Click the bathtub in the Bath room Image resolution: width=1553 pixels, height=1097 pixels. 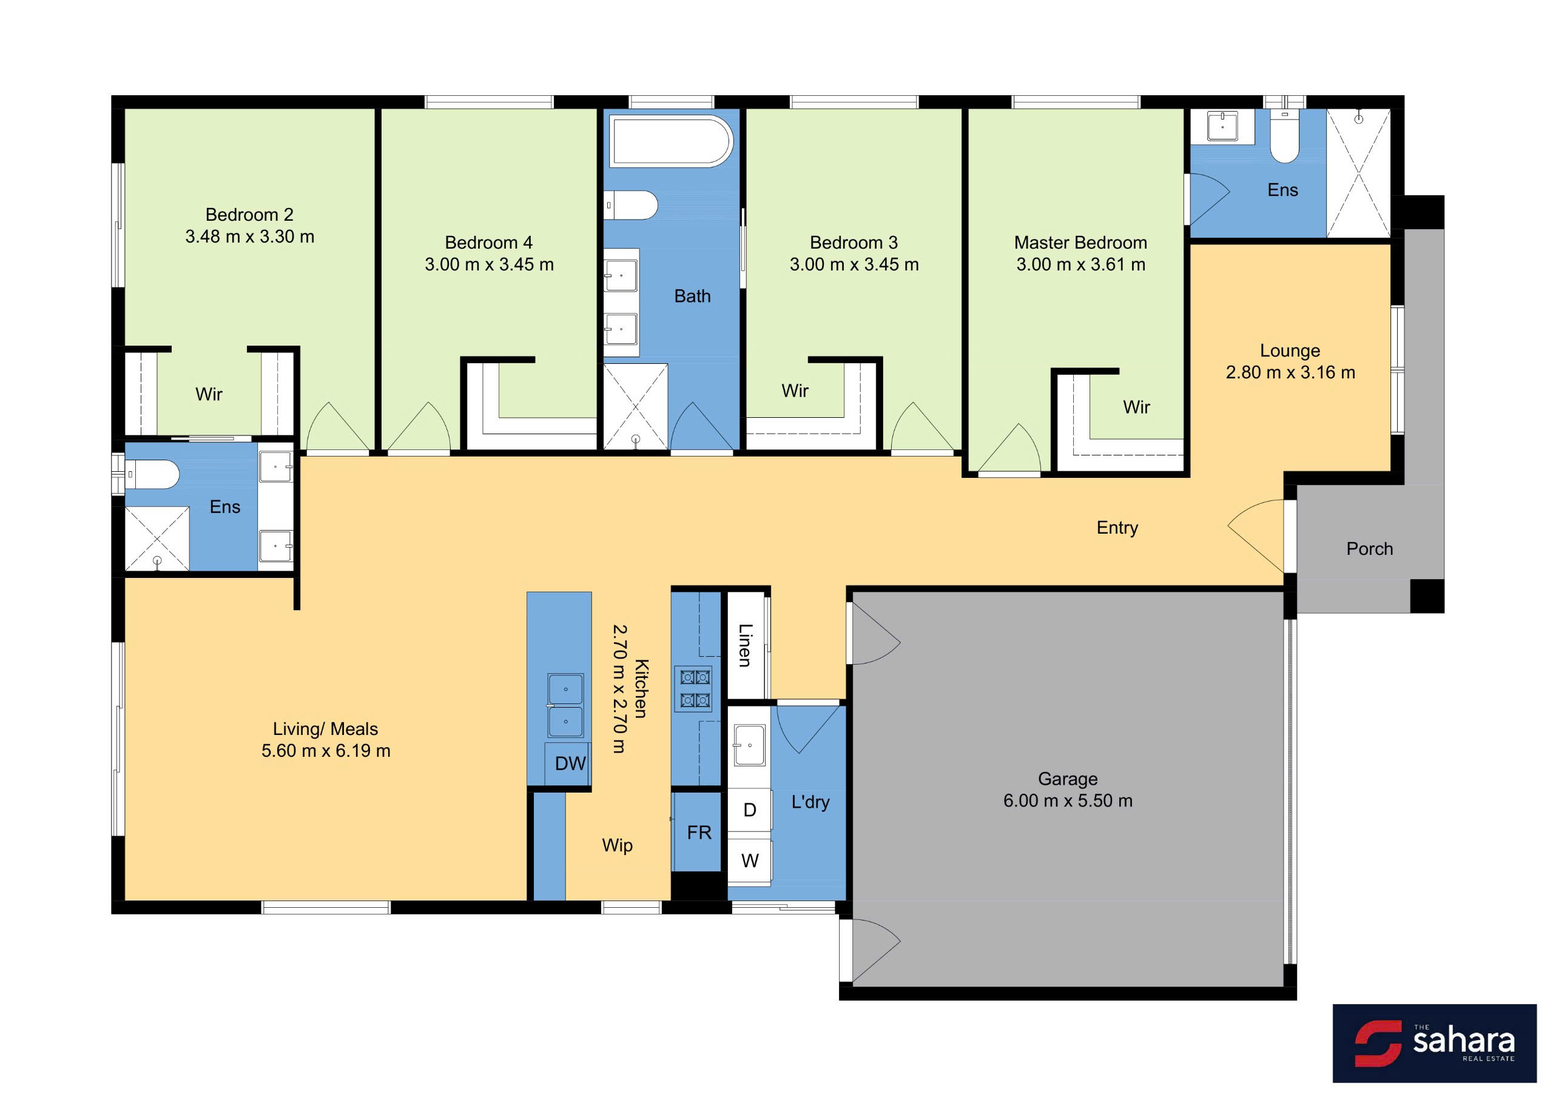(x=671, y=141)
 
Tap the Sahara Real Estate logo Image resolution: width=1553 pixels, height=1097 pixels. (x=1434, y=1043)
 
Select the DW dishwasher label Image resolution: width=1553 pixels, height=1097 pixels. (x=570, y=763)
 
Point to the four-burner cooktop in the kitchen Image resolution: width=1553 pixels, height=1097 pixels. (x=693, y=688)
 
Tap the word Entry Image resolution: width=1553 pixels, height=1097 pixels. (x=1117, y=528)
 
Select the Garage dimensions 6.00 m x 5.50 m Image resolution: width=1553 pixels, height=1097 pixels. (x=1067, y=801)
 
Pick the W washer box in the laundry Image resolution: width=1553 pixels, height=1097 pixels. (x=749, y=860)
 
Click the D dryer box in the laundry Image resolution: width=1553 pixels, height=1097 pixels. (x=749, y=810)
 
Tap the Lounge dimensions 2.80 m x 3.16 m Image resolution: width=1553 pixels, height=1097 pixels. (x=1290, y=373)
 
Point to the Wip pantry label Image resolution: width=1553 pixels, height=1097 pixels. (x=618, y=845)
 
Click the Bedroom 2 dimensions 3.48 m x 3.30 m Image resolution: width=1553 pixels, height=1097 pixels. (x=249, y=237)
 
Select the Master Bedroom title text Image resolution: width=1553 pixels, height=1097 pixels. (x=1081, y=242)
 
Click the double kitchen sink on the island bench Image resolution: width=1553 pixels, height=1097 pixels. (x=565, y=705)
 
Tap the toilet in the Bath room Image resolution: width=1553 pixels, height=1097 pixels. (x=631, y=205)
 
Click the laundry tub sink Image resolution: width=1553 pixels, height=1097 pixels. (x=749, y=745)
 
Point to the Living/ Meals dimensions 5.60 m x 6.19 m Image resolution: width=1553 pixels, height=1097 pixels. (x=326, y=751)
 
